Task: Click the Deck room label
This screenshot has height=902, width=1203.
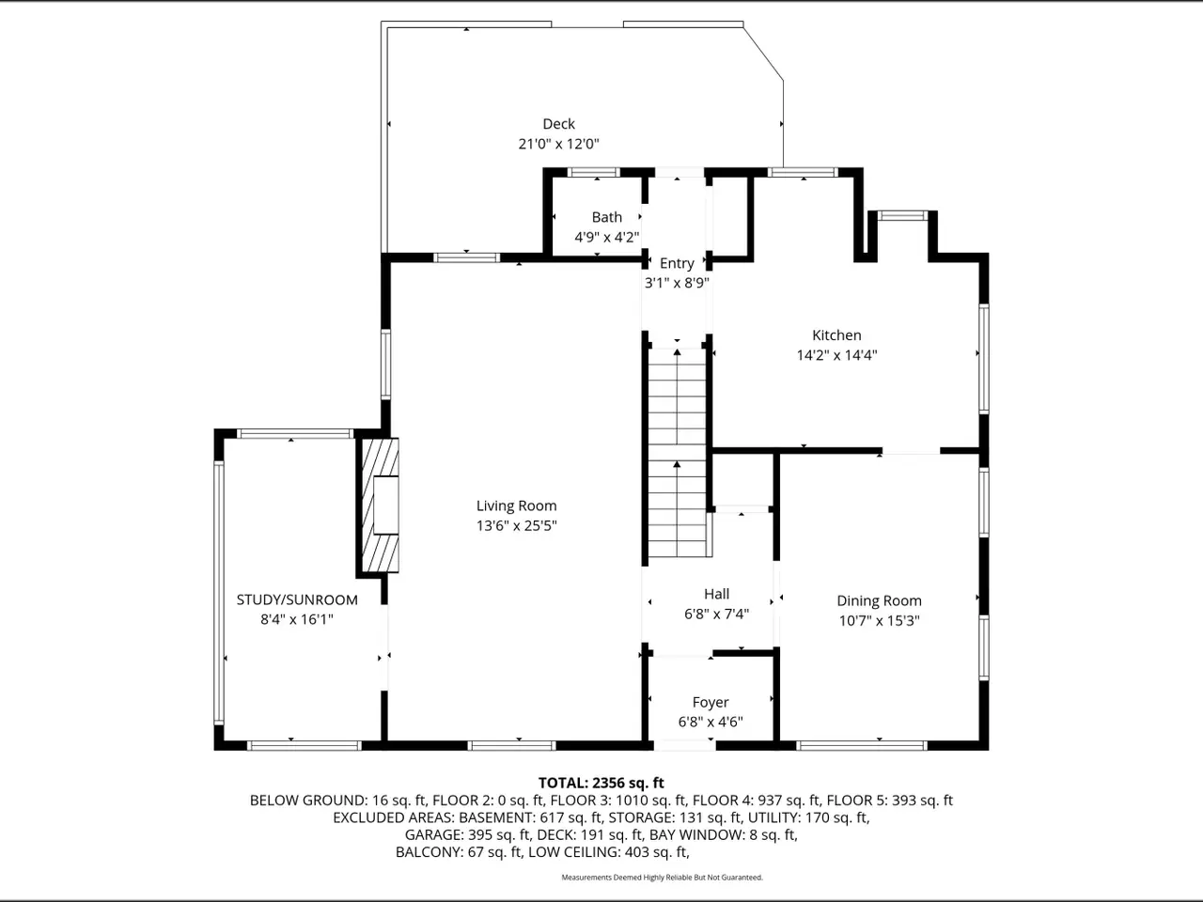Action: tap(558, 124)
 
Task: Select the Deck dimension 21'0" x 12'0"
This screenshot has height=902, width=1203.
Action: tap(558, 144)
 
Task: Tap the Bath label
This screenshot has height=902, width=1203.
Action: tap(607, 217)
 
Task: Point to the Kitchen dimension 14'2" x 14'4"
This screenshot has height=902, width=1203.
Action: tap(836, 355)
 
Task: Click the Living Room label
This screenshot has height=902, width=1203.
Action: tap(516, 506)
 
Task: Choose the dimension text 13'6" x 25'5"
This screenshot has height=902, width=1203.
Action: tap(516, 526)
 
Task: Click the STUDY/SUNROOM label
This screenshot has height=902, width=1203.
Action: tap(297, 599)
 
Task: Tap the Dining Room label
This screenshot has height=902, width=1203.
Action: tap(879, 600)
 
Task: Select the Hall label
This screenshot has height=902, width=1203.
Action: tap(716, 594)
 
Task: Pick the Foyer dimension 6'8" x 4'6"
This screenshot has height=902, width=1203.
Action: tap(711, 722)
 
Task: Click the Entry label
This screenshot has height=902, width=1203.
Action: tap(677, 263)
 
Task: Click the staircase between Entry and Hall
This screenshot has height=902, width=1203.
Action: tap(678, 452)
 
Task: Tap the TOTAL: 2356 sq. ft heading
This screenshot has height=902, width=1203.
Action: tap(601, 784)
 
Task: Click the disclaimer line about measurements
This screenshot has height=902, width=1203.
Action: tap(662, 878)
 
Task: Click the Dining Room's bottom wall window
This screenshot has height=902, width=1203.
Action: tap(861, 745)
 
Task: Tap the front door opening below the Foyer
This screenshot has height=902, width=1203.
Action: tap(684, 745)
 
